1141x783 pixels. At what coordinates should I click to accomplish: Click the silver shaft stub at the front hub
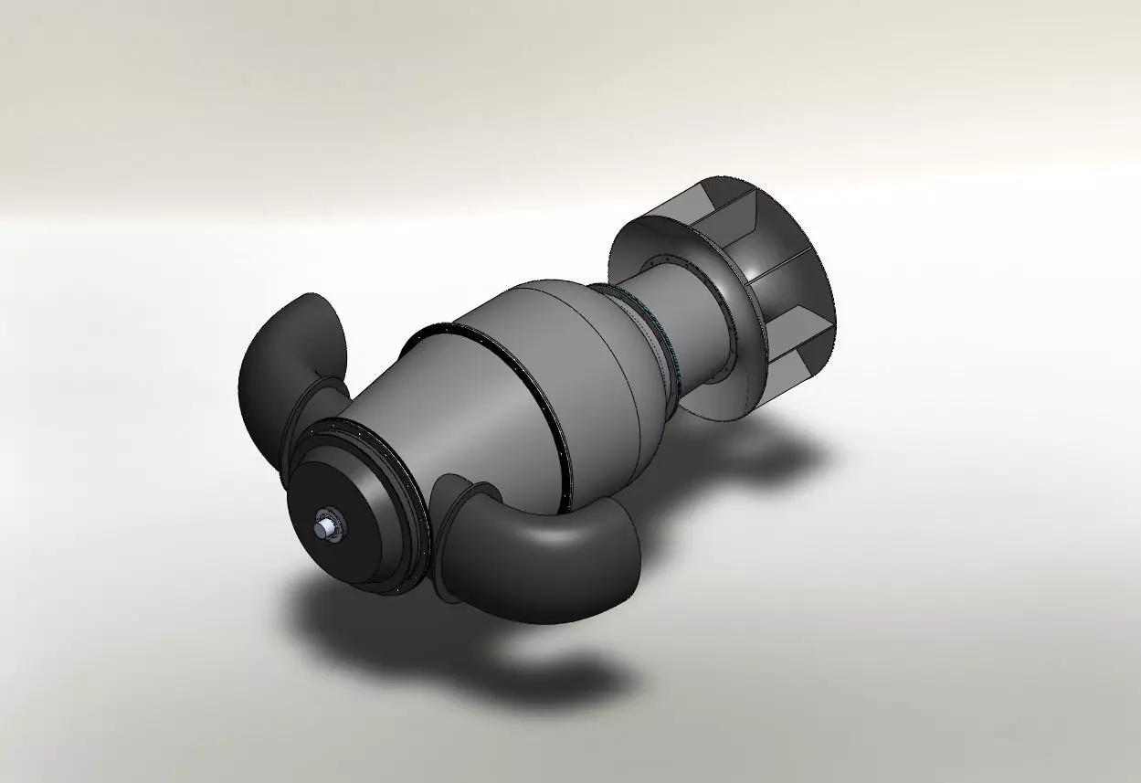pyautogui.click(x=323, y=526)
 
